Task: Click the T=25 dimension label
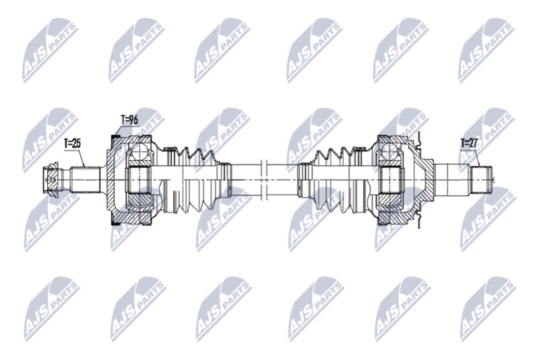72,144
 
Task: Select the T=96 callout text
129,120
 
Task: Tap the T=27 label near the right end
469,143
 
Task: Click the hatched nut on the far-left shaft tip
52,179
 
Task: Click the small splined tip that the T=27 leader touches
481,179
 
